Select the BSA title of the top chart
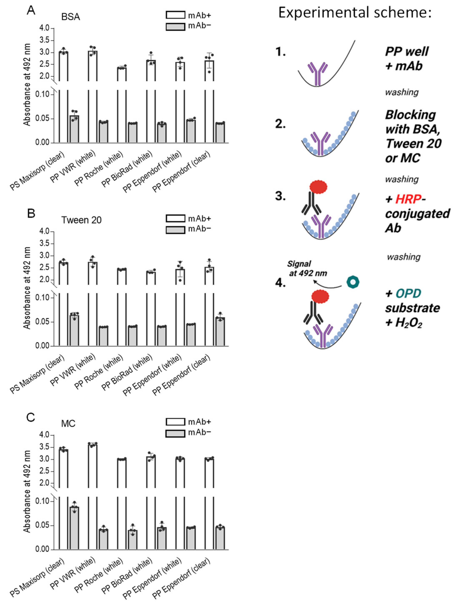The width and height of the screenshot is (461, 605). pyautogui.click(x=71, y=17)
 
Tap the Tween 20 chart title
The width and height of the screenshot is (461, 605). pyautogui.click(x=81, y=220)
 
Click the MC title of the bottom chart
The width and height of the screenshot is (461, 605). pyautogui.click(x=68, y=423)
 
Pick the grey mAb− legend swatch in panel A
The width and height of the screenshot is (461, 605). pyautogui.click(x=175, y=27)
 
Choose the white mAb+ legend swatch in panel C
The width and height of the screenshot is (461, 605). pyautogui.click(x=175, y=422)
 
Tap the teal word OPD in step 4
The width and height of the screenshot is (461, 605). pyautogui.click(x=408, y=294)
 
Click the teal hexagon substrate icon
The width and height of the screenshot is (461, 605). pyautogui.click(x=353, y=282)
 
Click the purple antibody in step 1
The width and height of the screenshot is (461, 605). pyautogui.click(x=317, y=73)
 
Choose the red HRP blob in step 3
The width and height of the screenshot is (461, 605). pyautogui.click(x=318, y=187)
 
